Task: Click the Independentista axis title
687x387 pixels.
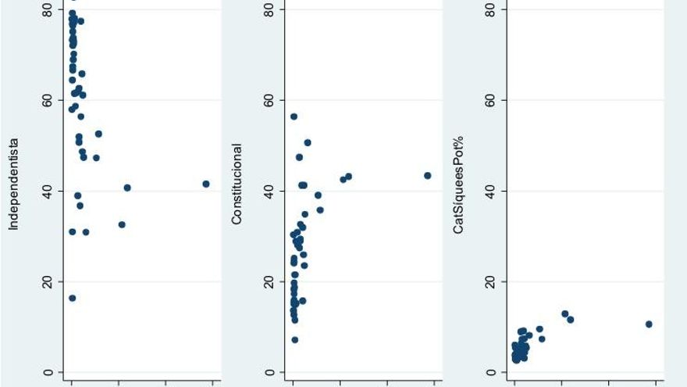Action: (13, 185)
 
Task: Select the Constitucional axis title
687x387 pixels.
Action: (237, 185)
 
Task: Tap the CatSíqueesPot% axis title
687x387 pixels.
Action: (459, 185)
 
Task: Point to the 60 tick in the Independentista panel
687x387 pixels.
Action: (48, 100)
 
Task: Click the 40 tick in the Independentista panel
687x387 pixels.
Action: (48, 191)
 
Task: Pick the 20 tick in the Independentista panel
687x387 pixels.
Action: (48, 281)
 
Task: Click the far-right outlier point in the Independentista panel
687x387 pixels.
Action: (206, 184)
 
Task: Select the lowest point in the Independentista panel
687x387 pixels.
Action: (73, 298)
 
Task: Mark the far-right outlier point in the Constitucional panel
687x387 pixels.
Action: (428, 175)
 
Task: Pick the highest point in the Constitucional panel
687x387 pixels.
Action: (294, 116)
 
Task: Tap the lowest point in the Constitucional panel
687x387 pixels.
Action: (294, 339)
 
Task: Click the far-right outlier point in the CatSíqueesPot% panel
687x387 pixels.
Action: (649, 324)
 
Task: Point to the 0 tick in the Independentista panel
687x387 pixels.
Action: (48, 372)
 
